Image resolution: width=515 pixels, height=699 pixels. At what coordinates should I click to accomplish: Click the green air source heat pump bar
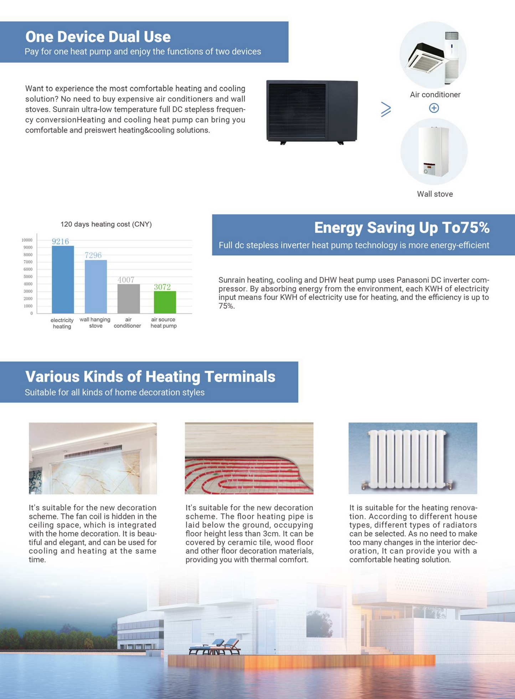click(165, 302)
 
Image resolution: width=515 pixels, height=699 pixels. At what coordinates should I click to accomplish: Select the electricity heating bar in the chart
click(63, 279)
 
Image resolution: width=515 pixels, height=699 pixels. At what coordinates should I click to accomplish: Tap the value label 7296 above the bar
click(93, 255)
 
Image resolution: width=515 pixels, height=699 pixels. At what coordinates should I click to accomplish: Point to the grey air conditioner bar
click(129, 299)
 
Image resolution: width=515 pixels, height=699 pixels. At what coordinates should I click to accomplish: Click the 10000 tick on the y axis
click(27, 240)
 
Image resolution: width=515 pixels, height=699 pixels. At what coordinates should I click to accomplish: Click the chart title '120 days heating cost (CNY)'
click(106, 224)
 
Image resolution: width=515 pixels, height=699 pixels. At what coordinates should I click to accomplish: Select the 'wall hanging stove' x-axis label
click(95, 323)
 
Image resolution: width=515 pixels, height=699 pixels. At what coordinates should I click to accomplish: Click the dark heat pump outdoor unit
click(312, 111)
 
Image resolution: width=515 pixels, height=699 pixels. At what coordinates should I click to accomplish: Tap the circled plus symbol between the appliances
click(434, 108)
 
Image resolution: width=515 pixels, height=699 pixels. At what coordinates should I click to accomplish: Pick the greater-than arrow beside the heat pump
click(386, 109)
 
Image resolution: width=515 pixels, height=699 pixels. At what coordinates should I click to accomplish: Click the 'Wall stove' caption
click(435, 194)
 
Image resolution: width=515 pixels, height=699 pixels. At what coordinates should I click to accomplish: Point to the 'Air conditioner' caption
click(435, 95)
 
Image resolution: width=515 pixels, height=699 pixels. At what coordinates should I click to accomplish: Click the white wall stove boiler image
click(433, 151)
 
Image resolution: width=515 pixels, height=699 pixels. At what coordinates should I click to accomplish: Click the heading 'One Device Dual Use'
click(98, 37)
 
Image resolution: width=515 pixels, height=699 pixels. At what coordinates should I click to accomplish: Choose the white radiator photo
click(413, 458)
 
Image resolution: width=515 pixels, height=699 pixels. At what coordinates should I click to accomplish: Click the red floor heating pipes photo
click(249, 458)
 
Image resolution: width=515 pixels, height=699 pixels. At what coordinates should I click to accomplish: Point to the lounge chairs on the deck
click(215, 647)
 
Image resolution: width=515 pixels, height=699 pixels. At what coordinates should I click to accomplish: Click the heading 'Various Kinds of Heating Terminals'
click(150, 377)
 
